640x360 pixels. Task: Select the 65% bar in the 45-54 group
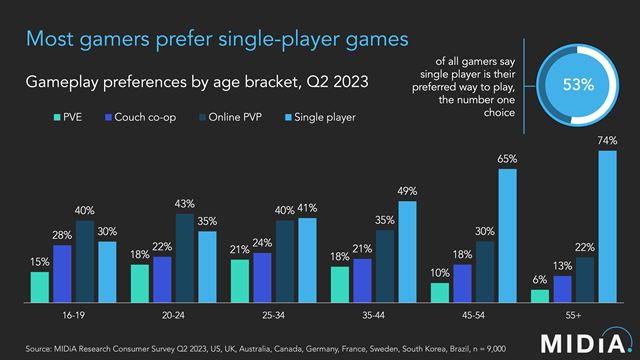pyautogui.click(x=508, y=235)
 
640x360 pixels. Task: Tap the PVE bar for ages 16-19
pyautogui.click(x=39, y=286)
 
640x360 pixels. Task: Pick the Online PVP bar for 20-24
pyautogui.click(x=184, y=257)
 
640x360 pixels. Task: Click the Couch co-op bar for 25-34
pyautogui.click(x=262, y=277)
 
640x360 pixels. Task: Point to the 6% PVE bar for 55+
pyautogui.click(x=539, y=296)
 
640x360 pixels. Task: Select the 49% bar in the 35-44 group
pyautogui.click(x=408, y=251)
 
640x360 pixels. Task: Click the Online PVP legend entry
pyautogui.click(x=225, y=118)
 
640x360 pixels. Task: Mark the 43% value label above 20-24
pyautogui.click(x=184, y=204)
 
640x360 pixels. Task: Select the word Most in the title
pyautogui.click(x=52, y=40)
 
